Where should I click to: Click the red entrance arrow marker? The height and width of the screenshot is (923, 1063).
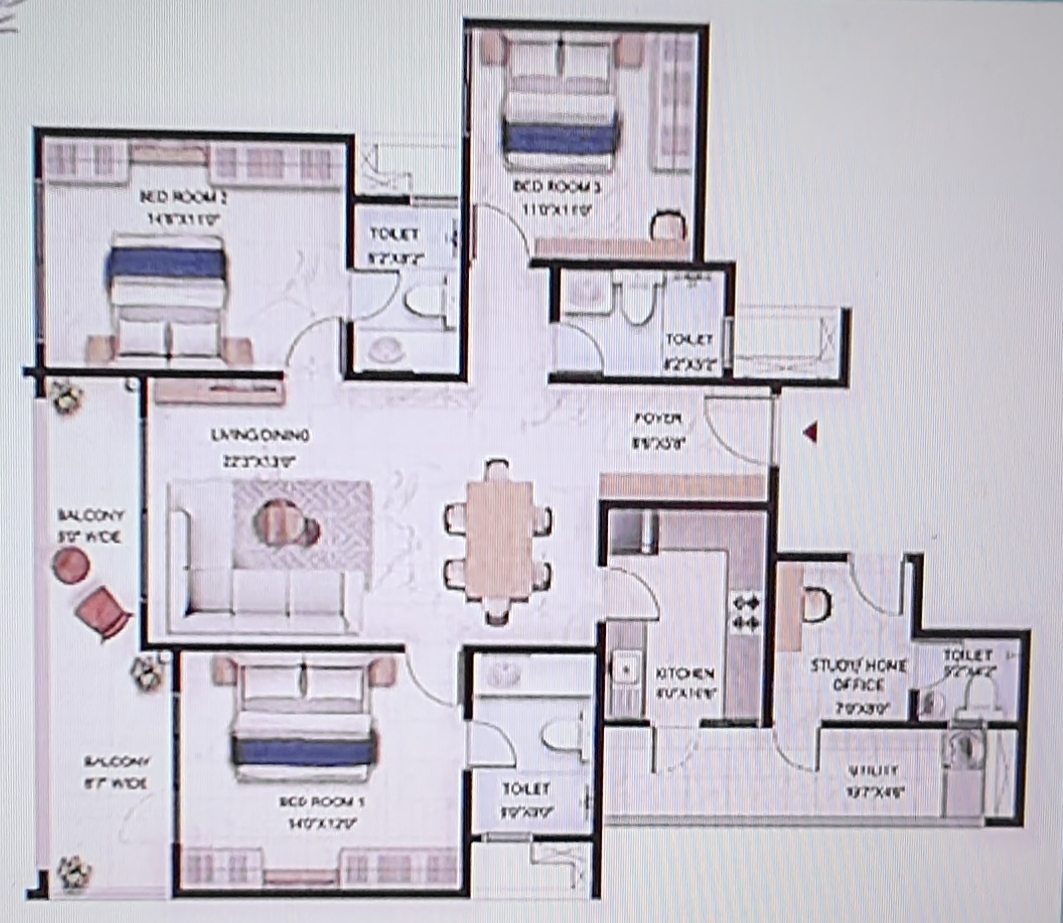coord(811,432)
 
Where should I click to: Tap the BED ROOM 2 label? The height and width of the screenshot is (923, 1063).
coord(182,197)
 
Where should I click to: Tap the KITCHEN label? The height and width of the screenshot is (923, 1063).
coord(685,674)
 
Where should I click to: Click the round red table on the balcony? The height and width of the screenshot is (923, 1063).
coord(70,567)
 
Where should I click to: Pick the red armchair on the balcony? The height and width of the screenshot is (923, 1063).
coord(103,611)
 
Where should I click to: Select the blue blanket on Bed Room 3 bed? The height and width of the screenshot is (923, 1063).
coord(560,137)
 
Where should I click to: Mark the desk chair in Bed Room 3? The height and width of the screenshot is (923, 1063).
coord(668,226)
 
